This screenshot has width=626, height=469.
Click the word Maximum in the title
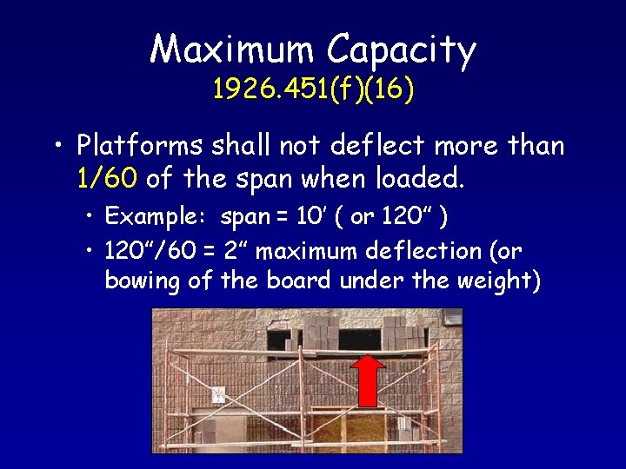click(x=232, y=50)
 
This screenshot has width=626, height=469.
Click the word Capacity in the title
click(x=402, y=51)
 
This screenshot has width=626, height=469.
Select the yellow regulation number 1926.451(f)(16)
click(x=313, y=89)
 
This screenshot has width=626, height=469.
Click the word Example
click(x=156, y=215)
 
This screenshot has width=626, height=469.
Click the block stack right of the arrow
click(x=400, y=334)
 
